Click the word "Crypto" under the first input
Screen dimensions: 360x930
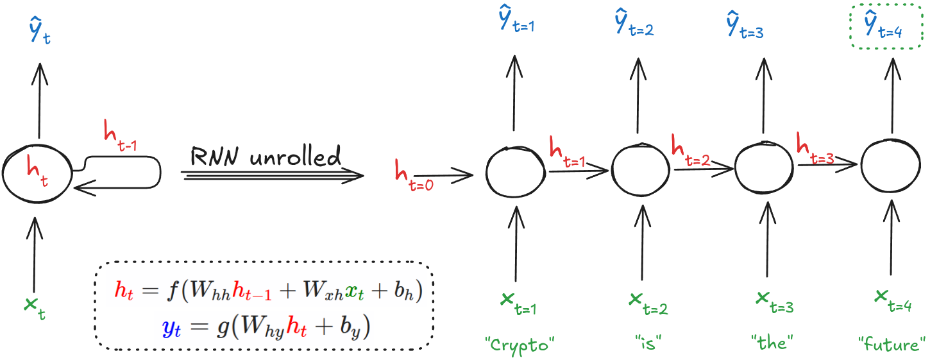tap(520, 345)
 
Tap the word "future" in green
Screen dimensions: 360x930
tap(891, 345)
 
